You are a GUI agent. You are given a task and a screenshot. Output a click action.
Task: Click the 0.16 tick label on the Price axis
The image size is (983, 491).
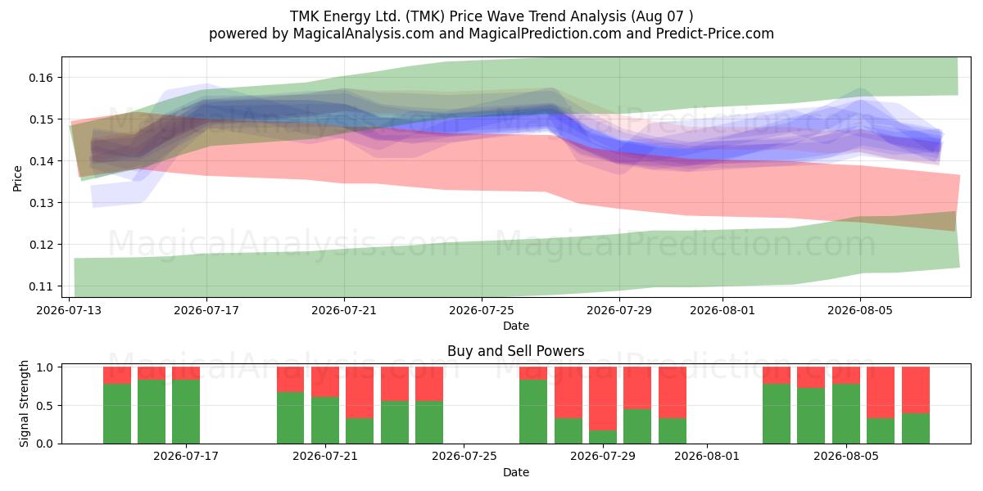point(40,78)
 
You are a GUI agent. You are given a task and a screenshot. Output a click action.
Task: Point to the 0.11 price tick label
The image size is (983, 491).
point(40,286)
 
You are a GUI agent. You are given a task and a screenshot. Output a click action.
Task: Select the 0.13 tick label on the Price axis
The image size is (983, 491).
point(40,203)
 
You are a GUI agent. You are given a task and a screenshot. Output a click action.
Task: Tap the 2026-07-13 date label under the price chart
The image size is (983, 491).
point(69,310)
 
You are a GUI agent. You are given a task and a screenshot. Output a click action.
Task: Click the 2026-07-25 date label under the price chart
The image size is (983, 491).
point(482,310)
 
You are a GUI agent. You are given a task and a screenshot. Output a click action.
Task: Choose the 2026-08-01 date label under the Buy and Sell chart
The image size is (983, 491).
point(706,456)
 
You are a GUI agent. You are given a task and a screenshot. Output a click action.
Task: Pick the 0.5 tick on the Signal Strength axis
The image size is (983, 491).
point(45,406)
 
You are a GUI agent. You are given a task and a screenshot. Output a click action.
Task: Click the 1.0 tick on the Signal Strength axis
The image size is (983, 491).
point(45,367)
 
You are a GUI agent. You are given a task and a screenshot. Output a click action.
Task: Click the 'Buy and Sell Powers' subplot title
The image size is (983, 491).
point(515,351)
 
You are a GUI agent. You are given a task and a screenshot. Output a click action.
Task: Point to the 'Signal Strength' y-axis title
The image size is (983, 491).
point(24,403)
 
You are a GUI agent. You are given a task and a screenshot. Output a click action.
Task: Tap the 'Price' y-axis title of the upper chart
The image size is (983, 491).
point(17,178)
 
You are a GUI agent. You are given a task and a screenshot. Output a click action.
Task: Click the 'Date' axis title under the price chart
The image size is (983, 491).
point(515,326)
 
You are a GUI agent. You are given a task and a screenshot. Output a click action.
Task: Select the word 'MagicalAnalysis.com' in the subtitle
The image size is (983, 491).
point(364,34)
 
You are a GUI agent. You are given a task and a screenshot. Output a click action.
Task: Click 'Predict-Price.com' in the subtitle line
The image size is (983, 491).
point(715,34)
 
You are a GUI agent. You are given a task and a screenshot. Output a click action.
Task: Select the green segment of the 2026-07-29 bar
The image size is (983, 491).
point(603,437)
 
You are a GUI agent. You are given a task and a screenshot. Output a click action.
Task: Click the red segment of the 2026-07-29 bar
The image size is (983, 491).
point(603,399)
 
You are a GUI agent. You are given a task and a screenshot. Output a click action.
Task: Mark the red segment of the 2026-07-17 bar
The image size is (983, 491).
point(186,373)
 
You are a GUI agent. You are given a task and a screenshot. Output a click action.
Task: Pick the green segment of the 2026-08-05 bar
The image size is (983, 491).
point(846,414)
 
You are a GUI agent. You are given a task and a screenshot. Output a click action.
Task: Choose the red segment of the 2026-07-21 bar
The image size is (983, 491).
point(325,382)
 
